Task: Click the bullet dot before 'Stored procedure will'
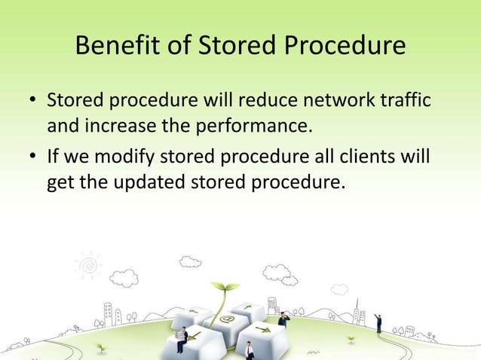(32, 101)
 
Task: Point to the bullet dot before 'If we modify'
(32, 160)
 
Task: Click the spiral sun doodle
(87, 265)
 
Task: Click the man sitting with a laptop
(181, 338)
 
